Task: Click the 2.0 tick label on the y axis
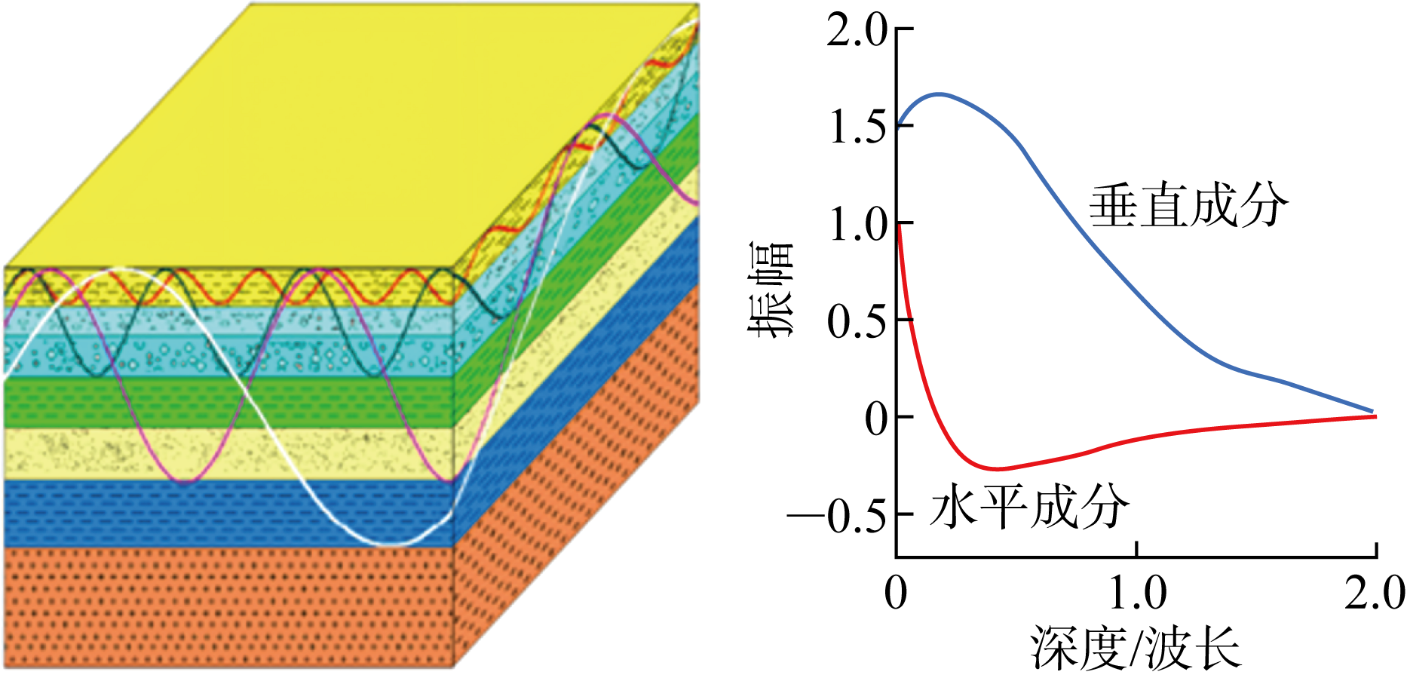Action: pyautogui.click(x=857, y=32)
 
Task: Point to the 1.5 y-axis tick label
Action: pyautogui.click(x=857, y=127)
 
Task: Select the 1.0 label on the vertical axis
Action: pyautogui.click(x=857, y=225)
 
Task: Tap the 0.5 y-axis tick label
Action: pyautogui.click(x=857, y=321)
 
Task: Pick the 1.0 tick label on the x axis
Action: pyautogui.click(x=1138, y=593)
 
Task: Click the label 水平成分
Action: pyautogui.click(x=1030, y=506)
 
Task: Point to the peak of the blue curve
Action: pyautogui.click(x=940, y=94)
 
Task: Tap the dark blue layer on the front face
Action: pyautogui.click(x=226, y=513)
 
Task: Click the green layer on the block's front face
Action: pyautogui.click(x=226, y=403)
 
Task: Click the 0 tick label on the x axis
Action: pyautogui.click(x=896, y=593)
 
